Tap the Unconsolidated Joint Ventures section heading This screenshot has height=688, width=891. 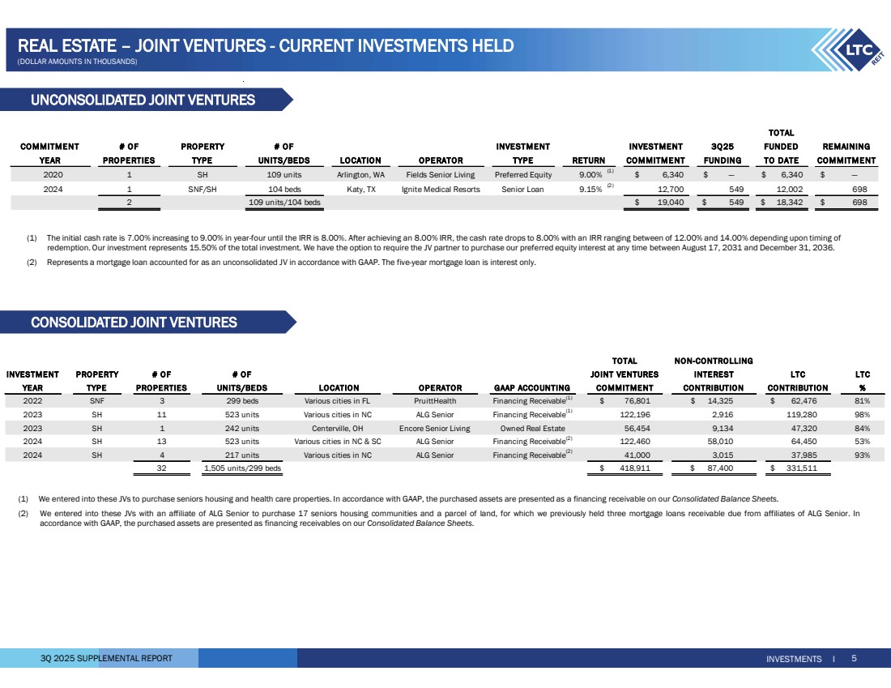point(143,100)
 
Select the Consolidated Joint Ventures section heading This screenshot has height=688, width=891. point(134,323)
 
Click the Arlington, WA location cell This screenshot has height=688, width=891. point(360,173)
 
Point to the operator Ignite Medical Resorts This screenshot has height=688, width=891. point(441,189)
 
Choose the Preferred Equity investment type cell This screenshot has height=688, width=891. point(522,173)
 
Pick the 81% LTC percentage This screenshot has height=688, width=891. point(862,400)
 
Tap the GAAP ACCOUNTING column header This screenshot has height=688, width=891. point(528,387)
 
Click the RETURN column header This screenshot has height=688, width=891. point(589,160)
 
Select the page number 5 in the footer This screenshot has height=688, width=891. point(855,659)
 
